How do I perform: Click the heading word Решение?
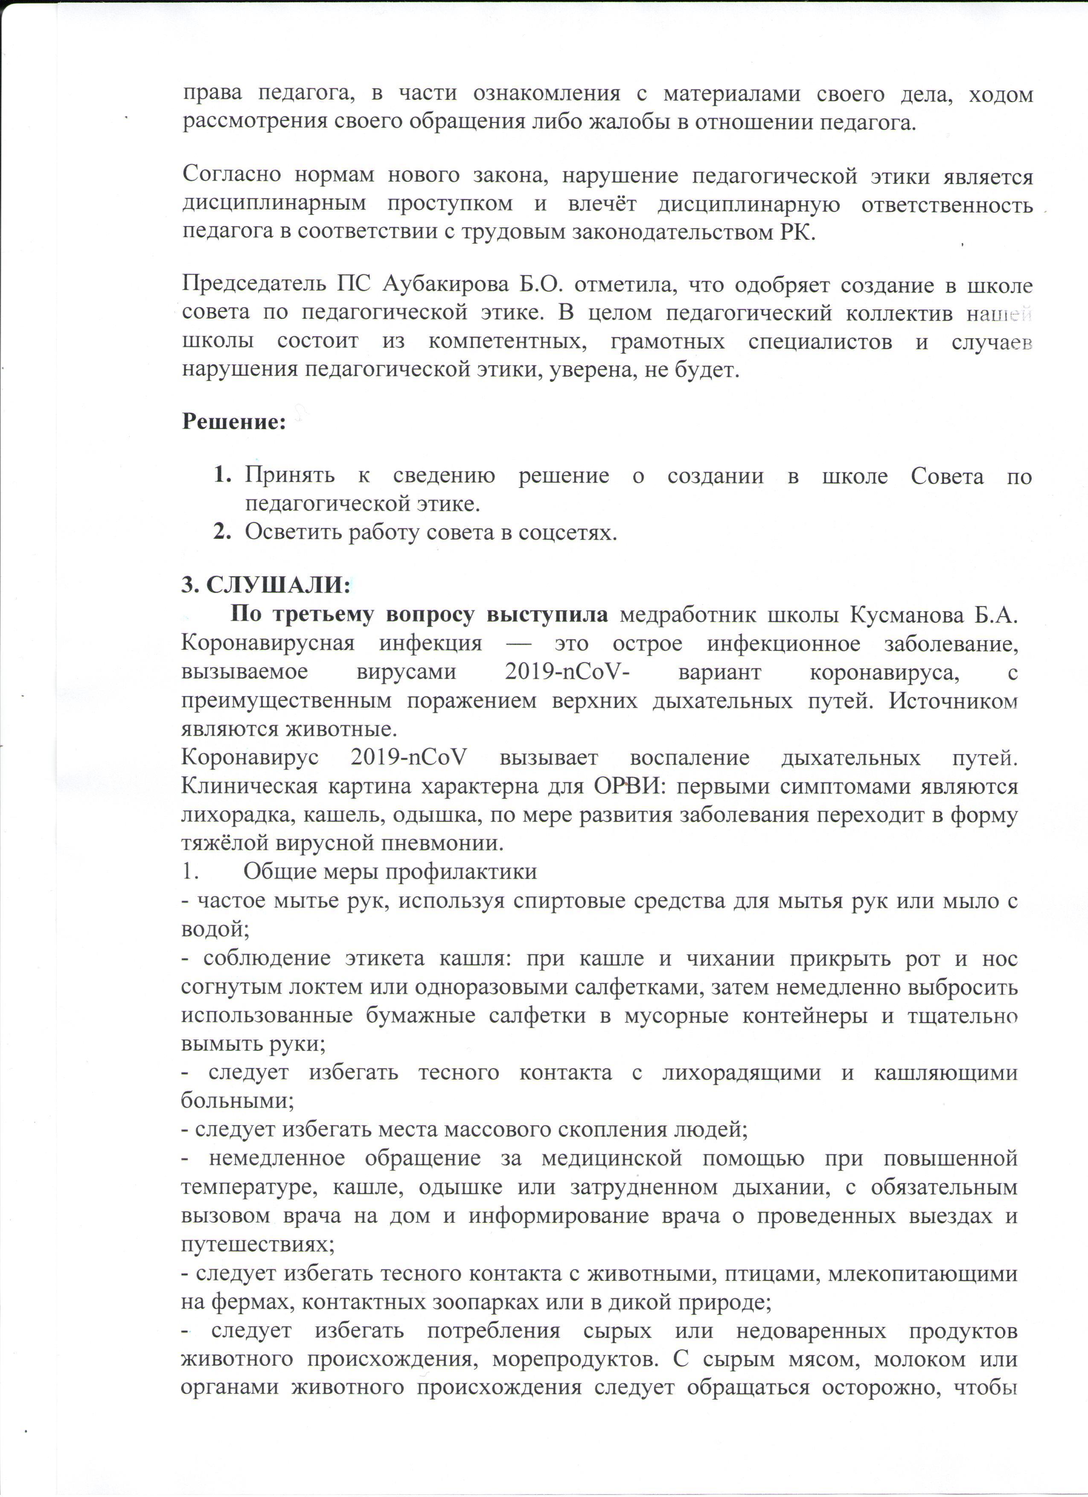coord(234,422)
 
